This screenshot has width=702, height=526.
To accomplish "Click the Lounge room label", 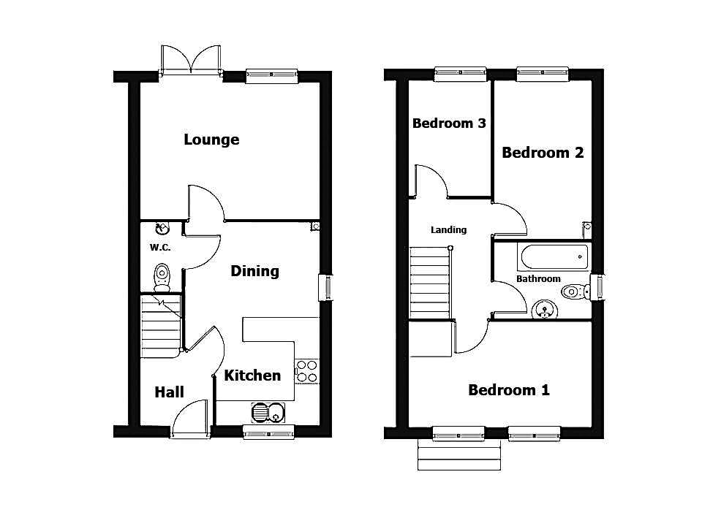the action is point(211,140).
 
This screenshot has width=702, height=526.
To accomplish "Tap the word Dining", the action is point(254,271).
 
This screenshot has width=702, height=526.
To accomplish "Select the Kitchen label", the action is point(252,376).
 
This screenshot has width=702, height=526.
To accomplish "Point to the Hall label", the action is point(169,392).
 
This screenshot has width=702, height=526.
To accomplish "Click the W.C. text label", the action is point(160,248).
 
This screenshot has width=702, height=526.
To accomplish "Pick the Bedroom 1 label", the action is point(509,390).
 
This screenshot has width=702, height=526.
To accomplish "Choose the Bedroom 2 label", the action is point(543,153).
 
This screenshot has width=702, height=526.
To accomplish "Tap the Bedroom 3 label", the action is point(449,123).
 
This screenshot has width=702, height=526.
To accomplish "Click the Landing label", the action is point(448,230).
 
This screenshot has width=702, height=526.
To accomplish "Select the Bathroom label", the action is point(538,278).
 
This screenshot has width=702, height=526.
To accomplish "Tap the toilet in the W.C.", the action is point(162,278).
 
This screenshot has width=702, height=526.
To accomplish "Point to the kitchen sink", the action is point(268,413).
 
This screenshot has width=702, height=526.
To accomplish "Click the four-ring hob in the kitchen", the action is point(306,372).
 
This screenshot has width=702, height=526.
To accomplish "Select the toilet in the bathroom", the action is point(576,292).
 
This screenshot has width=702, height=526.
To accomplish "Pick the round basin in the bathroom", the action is point(544,310).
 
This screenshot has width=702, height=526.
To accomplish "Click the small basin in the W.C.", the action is point(162,229).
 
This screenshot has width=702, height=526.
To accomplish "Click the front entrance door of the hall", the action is point(190,419).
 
